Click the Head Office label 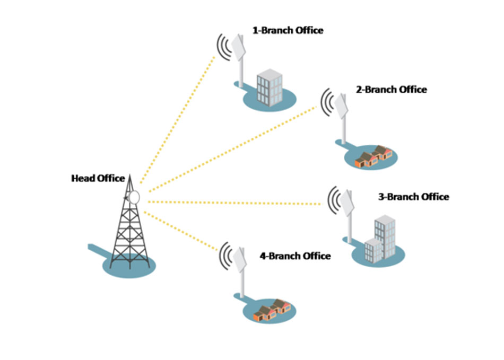pos(98,179)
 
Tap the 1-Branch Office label pos(287,31)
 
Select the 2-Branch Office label pos(391,90)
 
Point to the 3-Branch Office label pos(413,197)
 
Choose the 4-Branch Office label pos(295,256)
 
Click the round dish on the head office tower pos(134,197)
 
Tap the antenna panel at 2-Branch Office pos(342,104)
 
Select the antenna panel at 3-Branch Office pos(348,203)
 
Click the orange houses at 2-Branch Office pos(372,156)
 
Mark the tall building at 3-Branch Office pos(384,236)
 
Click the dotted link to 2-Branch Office pos(233,148)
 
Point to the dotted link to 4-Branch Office pos(183,230)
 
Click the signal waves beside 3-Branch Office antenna pos(333,200)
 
